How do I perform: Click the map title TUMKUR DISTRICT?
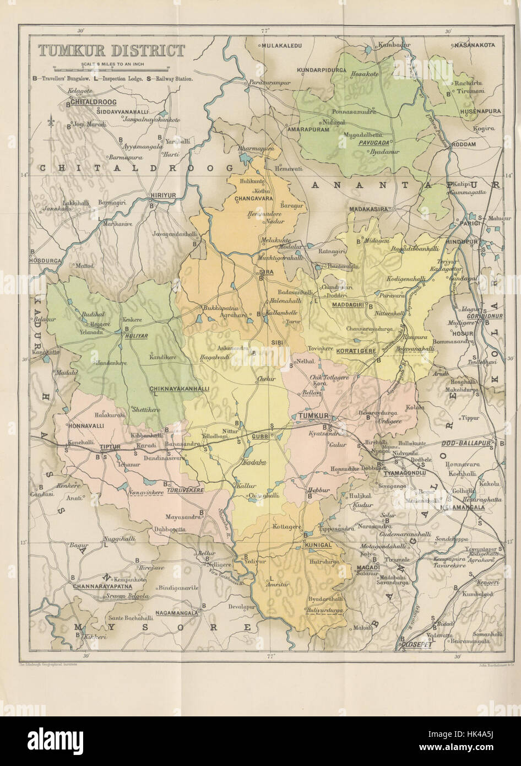click(111, 51)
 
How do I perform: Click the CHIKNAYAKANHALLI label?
click(179, 389)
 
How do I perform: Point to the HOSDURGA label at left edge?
click(43, 258)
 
